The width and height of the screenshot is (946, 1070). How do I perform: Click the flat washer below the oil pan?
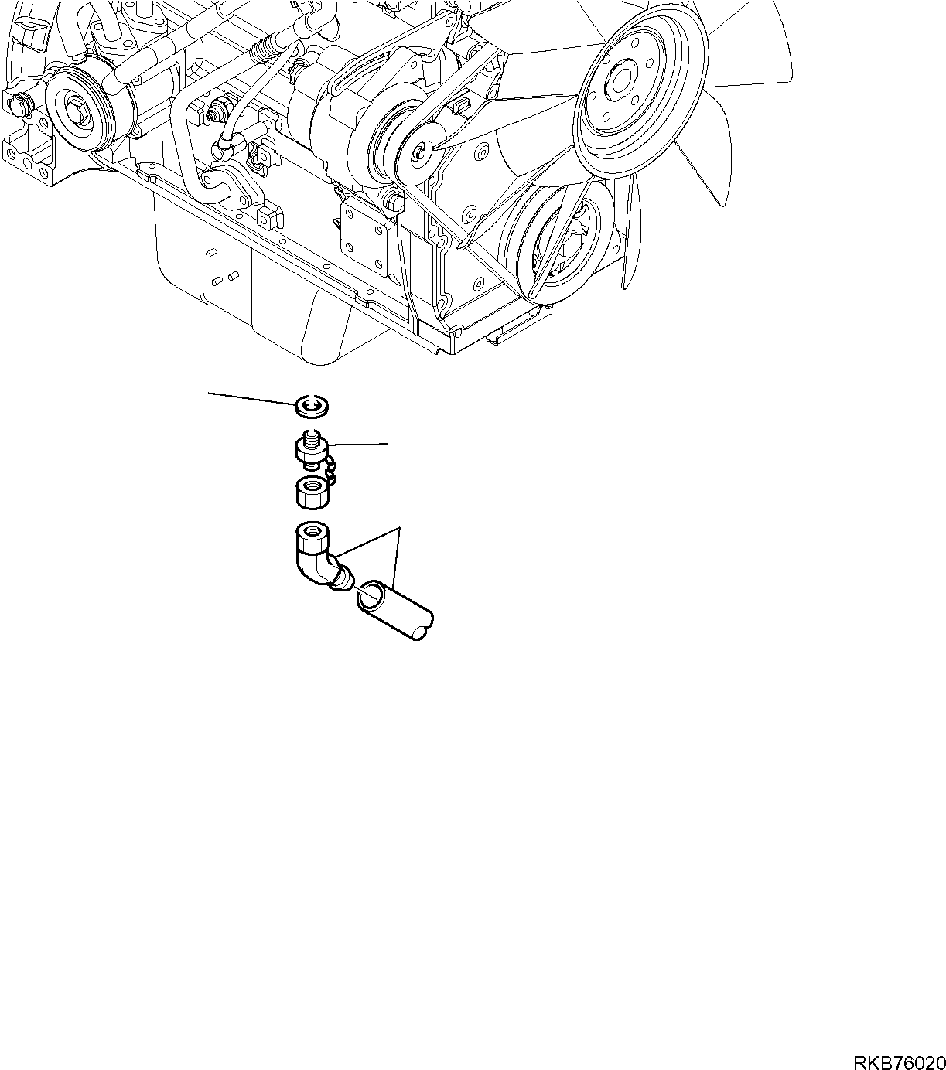coord(313,405)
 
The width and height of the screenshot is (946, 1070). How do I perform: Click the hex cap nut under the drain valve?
coord(312,492)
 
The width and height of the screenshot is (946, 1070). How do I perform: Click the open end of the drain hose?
coord(371,596)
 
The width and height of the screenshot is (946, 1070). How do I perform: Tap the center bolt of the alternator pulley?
coord(418,153)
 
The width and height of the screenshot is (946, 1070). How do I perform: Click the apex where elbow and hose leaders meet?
coord(398,528)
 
